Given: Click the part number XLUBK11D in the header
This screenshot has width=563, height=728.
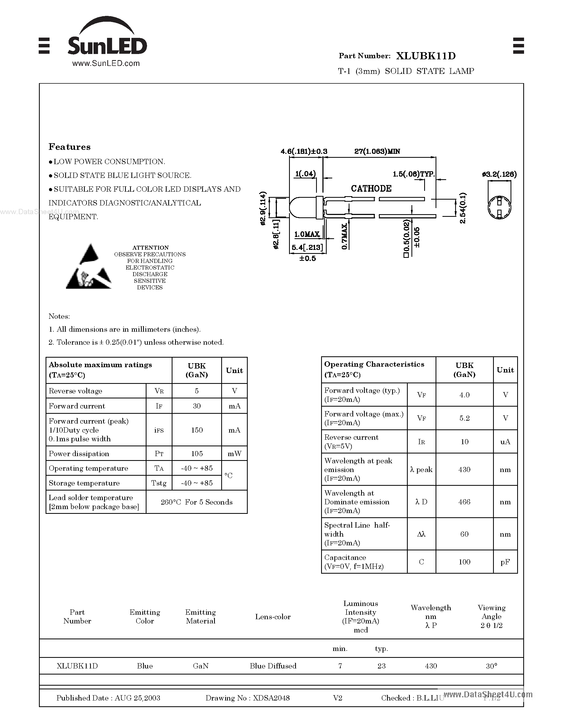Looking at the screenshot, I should (x=425, y=56).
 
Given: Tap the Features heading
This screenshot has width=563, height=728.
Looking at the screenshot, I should (x=69, y=147).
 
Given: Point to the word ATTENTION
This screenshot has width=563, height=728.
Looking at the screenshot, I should (x=150, y=248).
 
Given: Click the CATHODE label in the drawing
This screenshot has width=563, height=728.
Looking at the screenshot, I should (x=371, y=189).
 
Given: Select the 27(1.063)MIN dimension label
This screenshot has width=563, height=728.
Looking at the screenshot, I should (x=377, y=151).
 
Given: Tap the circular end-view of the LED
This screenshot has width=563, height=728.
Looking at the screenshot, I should (x=499, y=207).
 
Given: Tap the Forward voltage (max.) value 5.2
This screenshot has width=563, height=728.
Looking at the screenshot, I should (x=464, y=418).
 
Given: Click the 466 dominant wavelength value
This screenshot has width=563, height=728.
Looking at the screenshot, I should (x=464, y=502).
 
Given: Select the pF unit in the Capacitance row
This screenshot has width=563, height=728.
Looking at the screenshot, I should (x=505, y=562).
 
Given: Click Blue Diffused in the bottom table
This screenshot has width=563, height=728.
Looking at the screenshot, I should (x=273, y=666).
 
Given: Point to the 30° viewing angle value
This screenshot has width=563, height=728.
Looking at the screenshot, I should (x=491, y=666).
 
